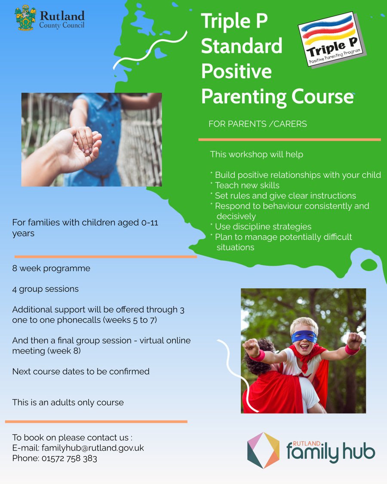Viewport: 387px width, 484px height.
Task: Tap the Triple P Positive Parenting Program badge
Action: [332, 40]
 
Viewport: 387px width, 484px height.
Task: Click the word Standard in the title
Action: [242, 46]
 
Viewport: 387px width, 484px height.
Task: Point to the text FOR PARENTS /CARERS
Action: [258, 124]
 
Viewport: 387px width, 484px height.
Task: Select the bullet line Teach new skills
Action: [247, 185]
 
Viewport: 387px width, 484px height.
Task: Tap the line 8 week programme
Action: [51, 268]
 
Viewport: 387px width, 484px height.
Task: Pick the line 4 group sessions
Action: [46, 289]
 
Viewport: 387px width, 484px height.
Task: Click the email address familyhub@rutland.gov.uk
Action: [93, 448]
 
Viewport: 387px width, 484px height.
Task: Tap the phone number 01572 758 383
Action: [69, 458]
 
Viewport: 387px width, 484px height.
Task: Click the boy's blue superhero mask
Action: [304, 336]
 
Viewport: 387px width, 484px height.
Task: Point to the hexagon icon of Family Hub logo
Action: [263, 450]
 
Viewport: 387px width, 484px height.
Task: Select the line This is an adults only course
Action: [68, 403]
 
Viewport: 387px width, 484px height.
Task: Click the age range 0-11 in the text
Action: [150, 222]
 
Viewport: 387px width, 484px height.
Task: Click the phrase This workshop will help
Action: [257, 154]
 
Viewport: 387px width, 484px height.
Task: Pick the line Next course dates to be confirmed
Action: [81, 371]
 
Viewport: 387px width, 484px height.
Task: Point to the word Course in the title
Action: [322, 97]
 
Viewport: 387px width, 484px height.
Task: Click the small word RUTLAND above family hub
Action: [307, 444]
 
